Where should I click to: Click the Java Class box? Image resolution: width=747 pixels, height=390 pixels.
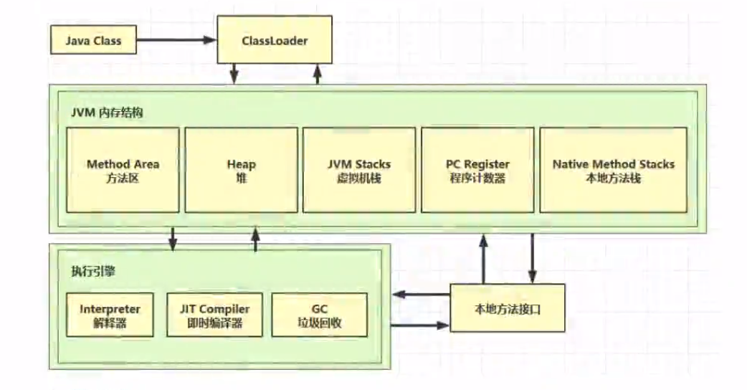tap(93, 40)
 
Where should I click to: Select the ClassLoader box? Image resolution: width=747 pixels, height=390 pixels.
tap(275, 39)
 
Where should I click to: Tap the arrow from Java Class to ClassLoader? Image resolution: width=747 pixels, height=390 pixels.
tap(177, 40)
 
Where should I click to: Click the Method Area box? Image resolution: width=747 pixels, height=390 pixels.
tap(123, 170)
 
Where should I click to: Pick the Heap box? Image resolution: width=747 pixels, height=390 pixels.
tap(241, 170)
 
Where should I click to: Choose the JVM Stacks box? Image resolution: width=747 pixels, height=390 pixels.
tap(359, 170)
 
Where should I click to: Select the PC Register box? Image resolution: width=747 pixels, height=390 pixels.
tap(477, 170)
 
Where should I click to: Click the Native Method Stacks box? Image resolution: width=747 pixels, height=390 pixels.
tap(613, 170)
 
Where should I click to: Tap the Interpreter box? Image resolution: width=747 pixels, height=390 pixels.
tap(110, 315)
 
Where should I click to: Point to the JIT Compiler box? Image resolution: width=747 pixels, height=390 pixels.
tap(214, 315)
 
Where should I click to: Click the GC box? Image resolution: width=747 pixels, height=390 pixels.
tap(319, 315)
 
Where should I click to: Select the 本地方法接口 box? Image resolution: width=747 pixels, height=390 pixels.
tap(508, 308)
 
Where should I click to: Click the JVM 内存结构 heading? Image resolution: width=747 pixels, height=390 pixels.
tap(107, 113)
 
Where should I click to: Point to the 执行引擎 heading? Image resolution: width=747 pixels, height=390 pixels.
tap(93, 272)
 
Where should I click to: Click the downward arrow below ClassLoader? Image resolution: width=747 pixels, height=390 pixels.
tap(234, 74)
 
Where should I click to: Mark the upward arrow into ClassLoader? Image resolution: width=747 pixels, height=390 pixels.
tap(318, 74)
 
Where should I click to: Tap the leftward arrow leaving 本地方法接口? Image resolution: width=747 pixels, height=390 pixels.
tap(421, 294)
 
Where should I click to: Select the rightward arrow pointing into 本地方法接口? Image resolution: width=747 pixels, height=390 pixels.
tap(421, 325)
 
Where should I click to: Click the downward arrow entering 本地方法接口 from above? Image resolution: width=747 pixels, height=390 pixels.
tap(532, 259)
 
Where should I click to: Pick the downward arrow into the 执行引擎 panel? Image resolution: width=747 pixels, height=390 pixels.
tap(173, 239)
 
